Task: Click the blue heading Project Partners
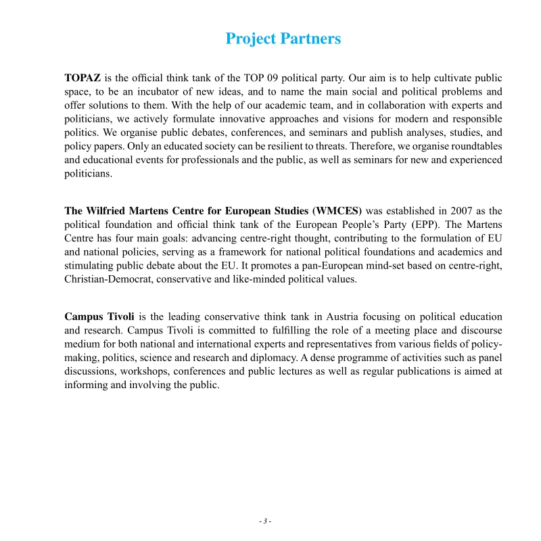click(x=283, y=39)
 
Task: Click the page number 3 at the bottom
click(x=265, y=521)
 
